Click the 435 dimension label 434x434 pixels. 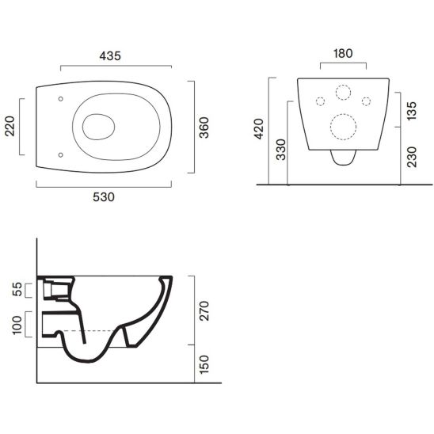click(x=110, y=56)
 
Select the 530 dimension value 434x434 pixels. click(x=104, y=197)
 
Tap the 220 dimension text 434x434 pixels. click(x=10, y=126)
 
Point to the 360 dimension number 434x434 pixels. click(x=204, y=128)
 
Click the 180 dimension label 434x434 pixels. click(x=343, y=53)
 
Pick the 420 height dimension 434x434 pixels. click(x=259, y=129)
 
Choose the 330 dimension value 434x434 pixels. click(x=281, y=150)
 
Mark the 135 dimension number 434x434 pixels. click(x=412, y=111)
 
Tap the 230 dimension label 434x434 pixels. click(x=412, y=157)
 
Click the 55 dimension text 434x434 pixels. click(x=17, y=289)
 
